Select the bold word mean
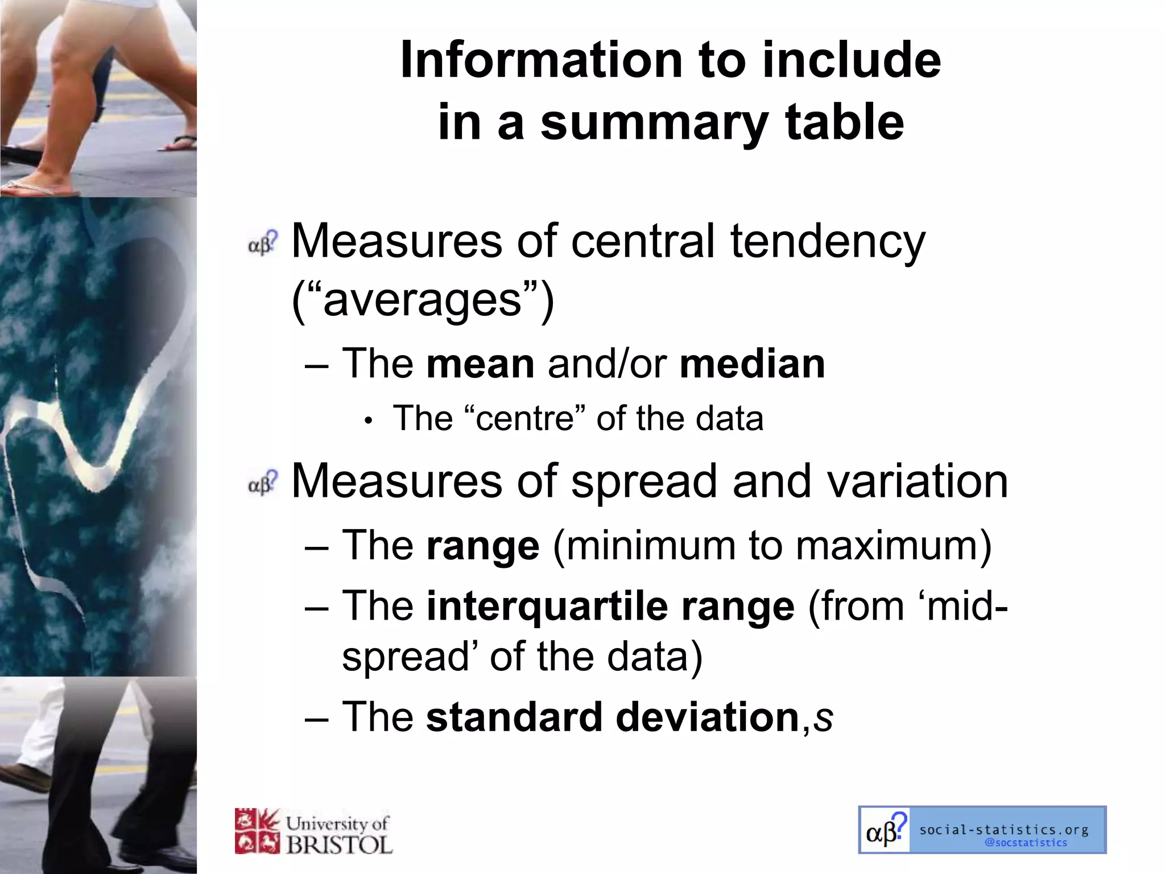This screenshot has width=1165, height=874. [x=480, y=364]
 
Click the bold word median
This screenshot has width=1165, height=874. [x=752, y=364]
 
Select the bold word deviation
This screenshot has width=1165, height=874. [x=708, y=717]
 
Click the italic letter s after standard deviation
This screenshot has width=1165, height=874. [x=823, y=718]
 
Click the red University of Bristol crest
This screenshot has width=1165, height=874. [x=257, y=831]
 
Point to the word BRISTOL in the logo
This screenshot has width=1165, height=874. [x=339, y=844]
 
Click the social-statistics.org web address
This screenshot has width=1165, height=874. [x=1004, y=830]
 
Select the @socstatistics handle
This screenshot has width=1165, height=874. [x=1026, y=843]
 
